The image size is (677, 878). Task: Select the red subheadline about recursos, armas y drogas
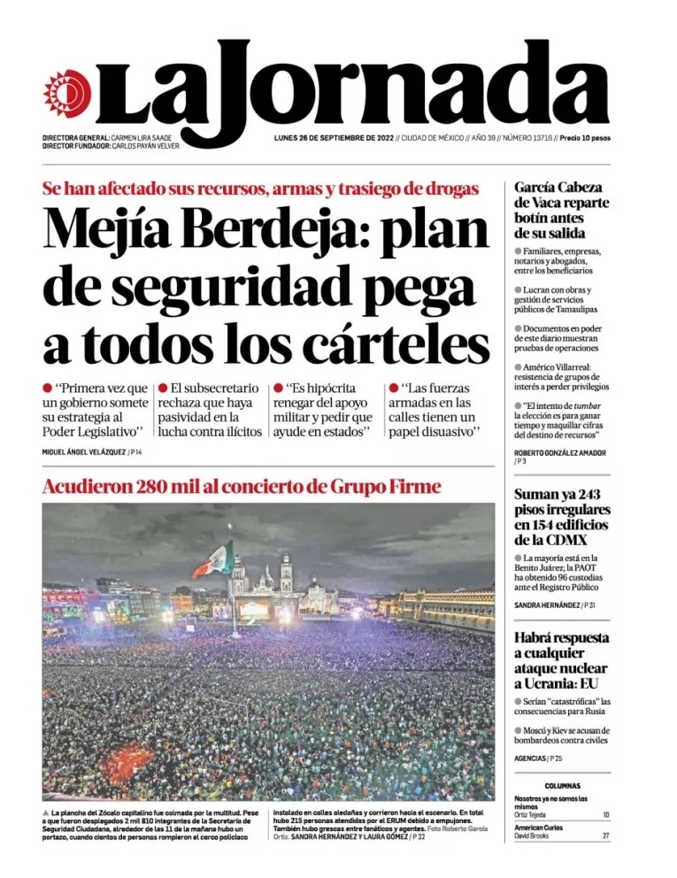tap(260, 188)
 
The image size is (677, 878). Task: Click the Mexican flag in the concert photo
tap(214, 560)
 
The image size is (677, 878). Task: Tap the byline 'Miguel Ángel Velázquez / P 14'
tap(92, 452)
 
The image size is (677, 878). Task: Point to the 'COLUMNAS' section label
tap(562, 785)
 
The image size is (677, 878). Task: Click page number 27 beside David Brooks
tap(606, 836)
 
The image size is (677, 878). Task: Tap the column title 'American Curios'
tap(538, 827)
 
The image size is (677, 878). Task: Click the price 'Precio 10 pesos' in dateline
tap(585, 138)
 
